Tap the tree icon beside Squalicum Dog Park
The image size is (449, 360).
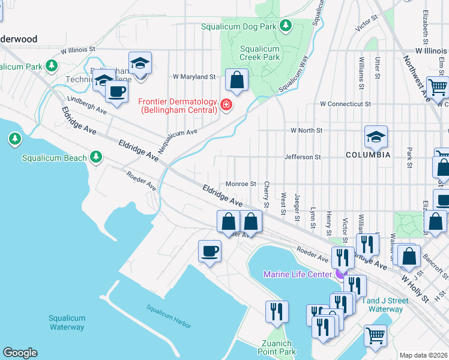click(x=287, y=25)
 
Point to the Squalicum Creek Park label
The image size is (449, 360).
click(x=260, y=53)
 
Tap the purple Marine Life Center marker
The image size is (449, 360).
click(x=340, y=274)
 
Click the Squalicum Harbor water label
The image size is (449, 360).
click(x=169, y=316)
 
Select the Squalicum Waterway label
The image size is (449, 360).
click(x=67, y=323)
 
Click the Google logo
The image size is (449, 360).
click(x=20, y=353)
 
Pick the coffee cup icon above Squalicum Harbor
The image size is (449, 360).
click(x=210, y=250)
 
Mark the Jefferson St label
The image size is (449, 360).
click(x=303, y=157)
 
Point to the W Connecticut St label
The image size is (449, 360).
click(x=345, y=104)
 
